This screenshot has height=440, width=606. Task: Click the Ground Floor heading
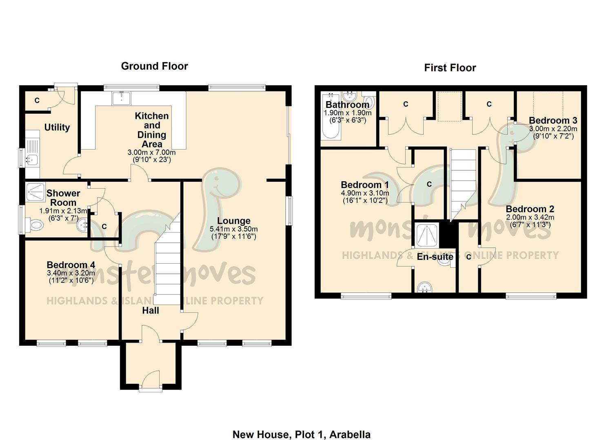click(x=154, y=66)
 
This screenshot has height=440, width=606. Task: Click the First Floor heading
click(x=450, y=68)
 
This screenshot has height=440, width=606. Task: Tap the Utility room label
click(x=57, y=128)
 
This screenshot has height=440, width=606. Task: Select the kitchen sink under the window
click(x=121, y=98)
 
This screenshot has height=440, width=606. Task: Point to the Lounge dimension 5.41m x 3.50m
click(x=233, y=229)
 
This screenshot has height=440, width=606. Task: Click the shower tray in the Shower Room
click(x=36, y=192)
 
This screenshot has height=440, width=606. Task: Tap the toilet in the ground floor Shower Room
click(x=35, y=224)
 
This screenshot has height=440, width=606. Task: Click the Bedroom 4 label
click(x=71, y=265)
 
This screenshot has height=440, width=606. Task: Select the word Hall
click(x=151, y=310)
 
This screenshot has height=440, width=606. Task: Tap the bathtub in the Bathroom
click(x=330, y=118)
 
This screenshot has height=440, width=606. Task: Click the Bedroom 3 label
click(x=553, y=121)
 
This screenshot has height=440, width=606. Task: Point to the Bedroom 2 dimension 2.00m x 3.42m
click(x=530, y=218)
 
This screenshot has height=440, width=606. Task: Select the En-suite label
click(x=435, y=257)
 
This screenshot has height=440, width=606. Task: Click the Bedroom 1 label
click(x=364, y=185)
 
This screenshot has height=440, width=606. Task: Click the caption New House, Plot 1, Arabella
click(x=301, y=434)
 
